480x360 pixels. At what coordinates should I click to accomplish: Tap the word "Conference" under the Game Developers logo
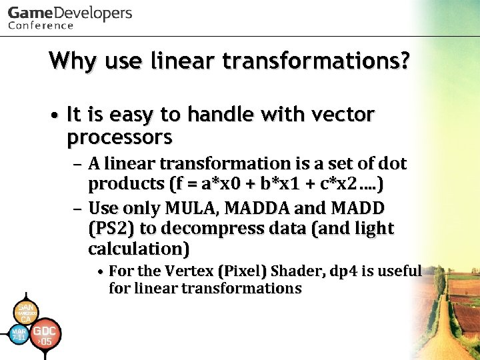41,25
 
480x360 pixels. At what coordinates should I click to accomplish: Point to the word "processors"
119,138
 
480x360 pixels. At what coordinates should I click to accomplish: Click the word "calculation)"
139,249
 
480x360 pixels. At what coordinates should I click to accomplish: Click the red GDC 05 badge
45,335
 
